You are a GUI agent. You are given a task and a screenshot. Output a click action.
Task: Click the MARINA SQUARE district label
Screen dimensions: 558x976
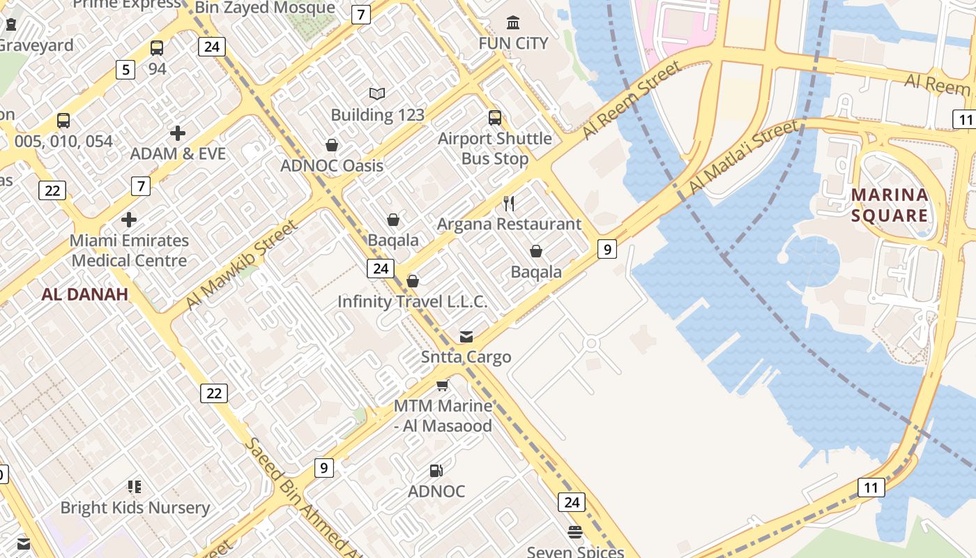pyautogui.click(x=890, y=205)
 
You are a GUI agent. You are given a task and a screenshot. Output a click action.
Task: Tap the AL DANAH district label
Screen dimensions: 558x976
pyautogui.click(x=84, y=294)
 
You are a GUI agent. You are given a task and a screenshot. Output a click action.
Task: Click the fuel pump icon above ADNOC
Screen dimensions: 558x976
pyautogui.click(x=436, y=471)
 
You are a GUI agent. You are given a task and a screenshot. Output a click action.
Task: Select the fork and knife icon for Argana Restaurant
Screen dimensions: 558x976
pyautogui.click(x=509, y=204)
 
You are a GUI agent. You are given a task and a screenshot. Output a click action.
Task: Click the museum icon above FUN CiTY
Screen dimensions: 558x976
pyautogui.click(x=513, y=23)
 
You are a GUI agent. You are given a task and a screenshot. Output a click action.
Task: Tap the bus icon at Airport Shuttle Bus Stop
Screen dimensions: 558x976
pyautogui.click(x=495, y=118)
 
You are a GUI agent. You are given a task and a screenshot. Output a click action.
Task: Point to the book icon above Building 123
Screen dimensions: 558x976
pyautogui.click(x=377, y=93)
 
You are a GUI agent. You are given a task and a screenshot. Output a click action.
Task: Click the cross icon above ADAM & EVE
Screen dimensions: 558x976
pyautogui.click(x=178, y=133)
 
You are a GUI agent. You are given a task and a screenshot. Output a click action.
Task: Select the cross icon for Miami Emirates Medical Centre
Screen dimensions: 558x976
pyautogui.click(x=129, y=220)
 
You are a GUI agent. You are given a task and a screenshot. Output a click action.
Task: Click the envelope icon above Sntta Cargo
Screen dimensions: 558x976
pyautogui.click(x=466, y=337)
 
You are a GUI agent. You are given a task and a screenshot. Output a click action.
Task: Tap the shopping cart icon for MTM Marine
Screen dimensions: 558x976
pyautogui.click(x=442, y=385)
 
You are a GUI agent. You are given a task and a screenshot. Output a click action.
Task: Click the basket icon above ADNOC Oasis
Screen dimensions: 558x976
pyautogui.click(x=332, y=145)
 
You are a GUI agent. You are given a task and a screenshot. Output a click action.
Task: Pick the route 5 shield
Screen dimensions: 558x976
pyautogui.click(x=125, y=69)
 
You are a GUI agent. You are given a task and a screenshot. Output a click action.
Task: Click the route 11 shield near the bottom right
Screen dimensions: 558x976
pyautogui.click(x=871, y=487)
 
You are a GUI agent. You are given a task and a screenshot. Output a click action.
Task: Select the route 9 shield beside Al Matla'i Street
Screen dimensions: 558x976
pyautogui.click(x=607, y=248)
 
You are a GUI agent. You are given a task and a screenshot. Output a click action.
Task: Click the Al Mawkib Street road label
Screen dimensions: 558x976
pyautogui.click(x=242, y=265)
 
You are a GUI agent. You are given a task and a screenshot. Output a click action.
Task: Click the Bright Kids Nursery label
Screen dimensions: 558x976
pyautogui.click(x=135, y=508)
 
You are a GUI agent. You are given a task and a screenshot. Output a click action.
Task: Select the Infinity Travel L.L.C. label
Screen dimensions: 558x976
pyautogui.click(x=412, y=301)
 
